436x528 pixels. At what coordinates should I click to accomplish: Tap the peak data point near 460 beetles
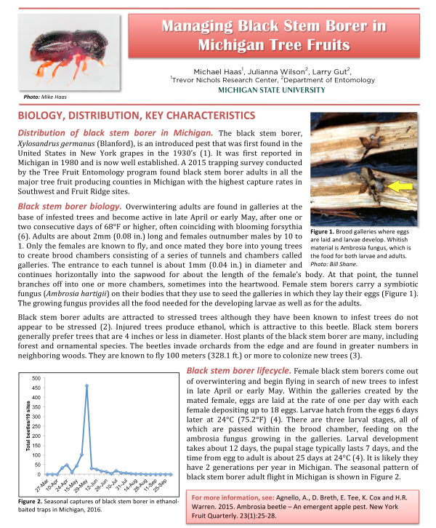(86, 386)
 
